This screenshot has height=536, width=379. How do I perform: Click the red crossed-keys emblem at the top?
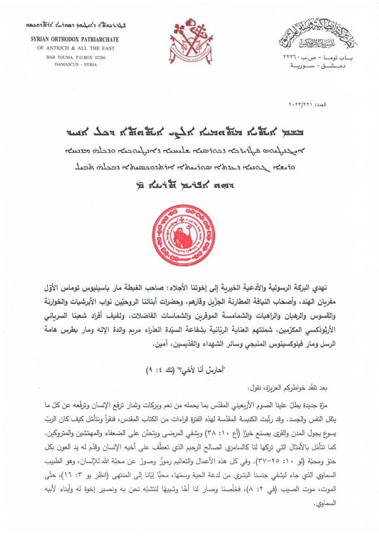point(189,41)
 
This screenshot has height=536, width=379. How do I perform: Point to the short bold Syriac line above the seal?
point(189,185)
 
